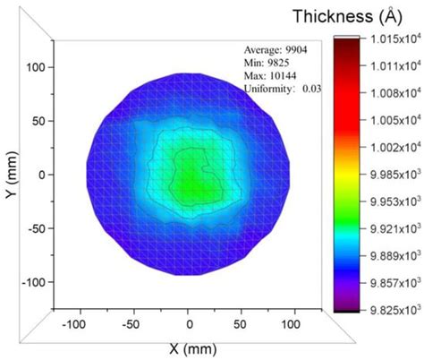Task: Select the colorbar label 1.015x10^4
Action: [x=391, y=39]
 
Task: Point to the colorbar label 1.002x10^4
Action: [x=391, y=149]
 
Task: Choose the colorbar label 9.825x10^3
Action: [x=391, y=311]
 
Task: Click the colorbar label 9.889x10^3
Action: [x=391, y=257]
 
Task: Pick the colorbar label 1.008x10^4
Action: [x=391, y=94]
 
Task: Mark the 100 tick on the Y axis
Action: [x=37, y=67]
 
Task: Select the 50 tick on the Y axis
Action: [x=39, y=121]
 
